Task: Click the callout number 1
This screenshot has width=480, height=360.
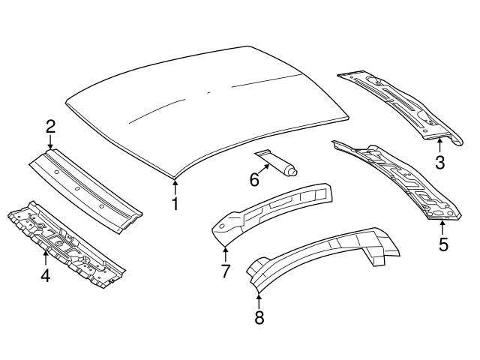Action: (x=175, y=204)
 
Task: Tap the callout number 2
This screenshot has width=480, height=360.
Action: (x=50, y=127)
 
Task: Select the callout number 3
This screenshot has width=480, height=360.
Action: (x=440, y=163)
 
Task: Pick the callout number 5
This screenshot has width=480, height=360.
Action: (x=443, y=244)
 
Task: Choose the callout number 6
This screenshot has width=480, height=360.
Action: (x=254, y=180)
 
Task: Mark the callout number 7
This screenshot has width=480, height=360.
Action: (x=225, y=271)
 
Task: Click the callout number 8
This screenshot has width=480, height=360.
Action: (x=259, y=317)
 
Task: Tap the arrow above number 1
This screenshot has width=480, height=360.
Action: (x=175, y=187)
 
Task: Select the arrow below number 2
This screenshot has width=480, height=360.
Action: (x=50, y=142)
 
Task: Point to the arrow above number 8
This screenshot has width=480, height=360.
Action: (x=259, y=301)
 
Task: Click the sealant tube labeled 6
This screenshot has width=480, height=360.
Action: (x=277, y=163)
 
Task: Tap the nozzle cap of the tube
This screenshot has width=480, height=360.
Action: (x=292, y=172)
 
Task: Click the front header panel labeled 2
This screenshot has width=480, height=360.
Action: (x=85, y=190)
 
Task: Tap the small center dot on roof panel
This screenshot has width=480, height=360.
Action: (x=208, y=92)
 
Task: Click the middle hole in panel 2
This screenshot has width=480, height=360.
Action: (x=78, y=188)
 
